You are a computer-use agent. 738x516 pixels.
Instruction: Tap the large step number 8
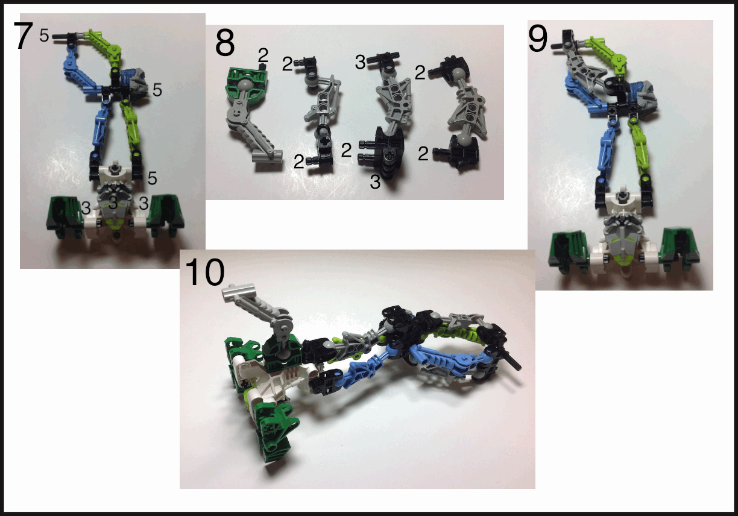[225, 42]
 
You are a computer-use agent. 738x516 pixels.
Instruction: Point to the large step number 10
[204, 272]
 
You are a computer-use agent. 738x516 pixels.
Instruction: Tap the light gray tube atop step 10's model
[238, 291]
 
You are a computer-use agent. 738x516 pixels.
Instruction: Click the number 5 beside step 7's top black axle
[44, 35]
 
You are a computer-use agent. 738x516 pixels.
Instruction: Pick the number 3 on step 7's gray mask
[113, 203]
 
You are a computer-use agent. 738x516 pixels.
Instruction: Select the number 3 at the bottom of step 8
[375, 182]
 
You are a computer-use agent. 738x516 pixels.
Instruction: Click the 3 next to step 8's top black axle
[360, 62]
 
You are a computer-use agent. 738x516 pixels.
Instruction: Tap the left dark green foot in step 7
[65, 216]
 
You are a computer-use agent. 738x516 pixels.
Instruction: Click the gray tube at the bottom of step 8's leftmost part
[267, 156]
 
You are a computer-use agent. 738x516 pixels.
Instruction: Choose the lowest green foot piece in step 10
[275, 432]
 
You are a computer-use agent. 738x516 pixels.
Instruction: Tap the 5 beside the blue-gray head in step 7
[157, 90]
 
